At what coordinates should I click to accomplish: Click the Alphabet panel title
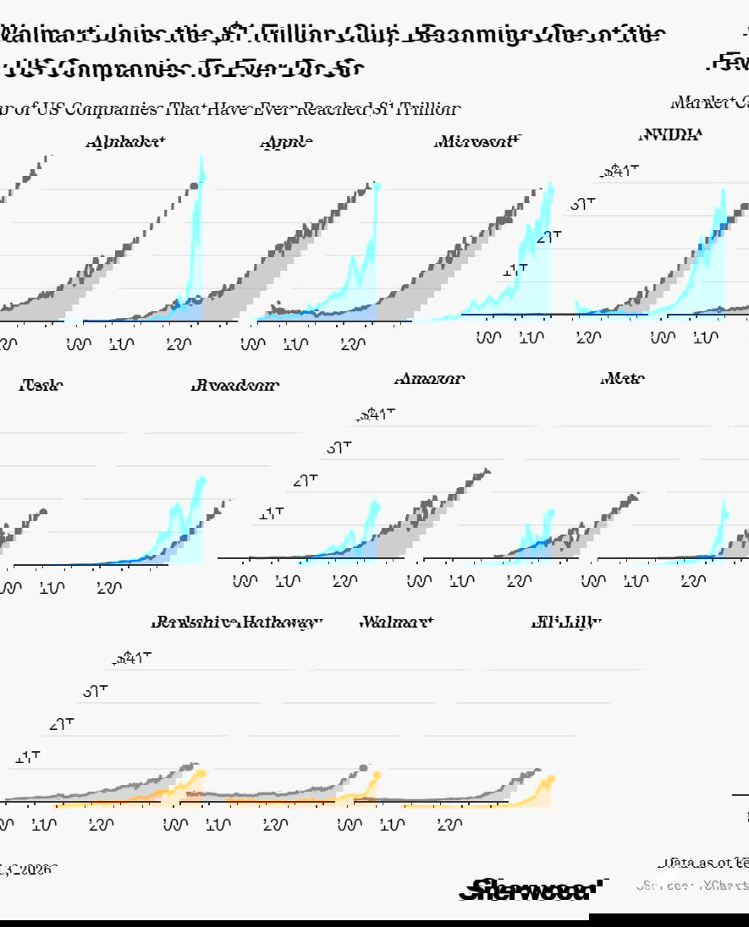pos(125,142)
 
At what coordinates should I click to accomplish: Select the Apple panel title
pos(286,142)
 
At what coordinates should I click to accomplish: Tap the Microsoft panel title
pos(474,142)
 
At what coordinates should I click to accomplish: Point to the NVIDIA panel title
pos(669,134)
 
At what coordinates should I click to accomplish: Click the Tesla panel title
pos(41,386)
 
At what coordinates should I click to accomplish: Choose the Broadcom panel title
pos(235,386)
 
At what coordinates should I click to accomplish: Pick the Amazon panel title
pos(429,379)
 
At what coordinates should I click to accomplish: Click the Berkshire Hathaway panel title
pos(237,623)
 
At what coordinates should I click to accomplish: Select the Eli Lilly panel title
pos(565,623)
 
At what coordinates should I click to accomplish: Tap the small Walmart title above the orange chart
pos(396,623)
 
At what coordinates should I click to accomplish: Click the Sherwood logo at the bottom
pos(531,889)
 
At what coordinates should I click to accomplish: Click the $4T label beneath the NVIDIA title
pos(620,171)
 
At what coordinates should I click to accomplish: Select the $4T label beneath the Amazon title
pos(377,414)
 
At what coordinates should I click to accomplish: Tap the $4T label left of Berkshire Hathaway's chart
pos(132,658)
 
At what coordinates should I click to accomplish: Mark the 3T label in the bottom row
pos(96,691)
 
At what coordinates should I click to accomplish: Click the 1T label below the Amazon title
pos(272,513)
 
